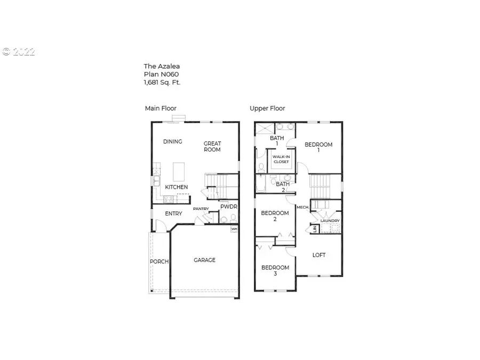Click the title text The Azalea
point(162,67)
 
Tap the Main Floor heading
point(161,108)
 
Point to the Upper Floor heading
point(267,108)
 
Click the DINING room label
point(173,142)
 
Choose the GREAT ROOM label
point(212,147)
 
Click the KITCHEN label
point(176,187)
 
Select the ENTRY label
point(173,214)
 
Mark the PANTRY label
point(201,209)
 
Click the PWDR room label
point(228,206)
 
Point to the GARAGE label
point(204,260)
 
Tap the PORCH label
point(159,262)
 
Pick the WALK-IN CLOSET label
point(281,159)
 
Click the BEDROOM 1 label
point(318,147)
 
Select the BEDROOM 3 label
point(275,270)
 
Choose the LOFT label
point(319,255)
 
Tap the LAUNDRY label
point(330,221)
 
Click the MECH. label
point(303,207)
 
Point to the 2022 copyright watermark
point(19,52)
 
